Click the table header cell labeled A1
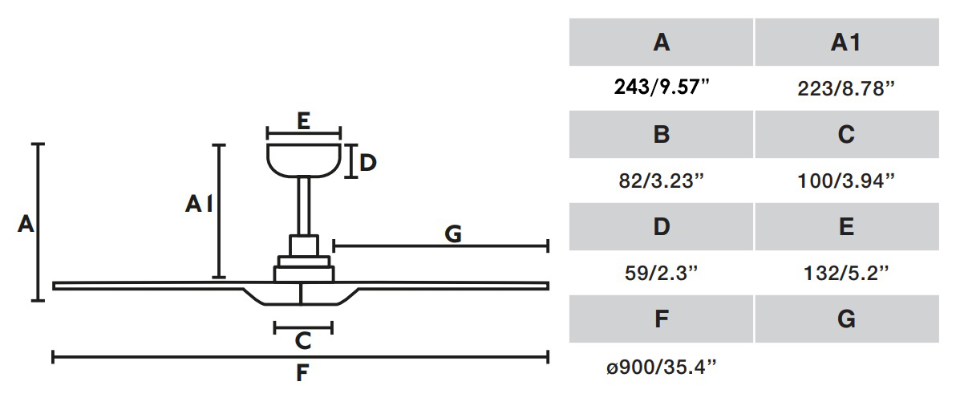click(x=846, y=43)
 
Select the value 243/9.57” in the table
click(x=661, y=87)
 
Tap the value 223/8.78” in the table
click(x=846, y=87)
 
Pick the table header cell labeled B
click(x=661, y=134)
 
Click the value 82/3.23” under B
click(x=661, y=181)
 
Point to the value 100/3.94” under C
click(x=846, y=181)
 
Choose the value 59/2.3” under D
click(x=661, y=273)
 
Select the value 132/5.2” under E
click(x=846, y=273)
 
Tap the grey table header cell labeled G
click(x=846, y=319)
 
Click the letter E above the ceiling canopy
click(x=302, y=121)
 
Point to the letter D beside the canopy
click(x=367, y=163)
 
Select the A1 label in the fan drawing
click(x=199, y=205)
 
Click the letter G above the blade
click(x=453, y=233)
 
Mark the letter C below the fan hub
click(x=302, y=342)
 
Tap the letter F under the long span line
click(x=302, y=373)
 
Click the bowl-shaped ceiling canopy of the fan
click(x=303, y=159)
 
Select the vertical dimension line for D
click(x=350, y=161)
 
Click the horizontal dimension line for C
click(x=302, y=327)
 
